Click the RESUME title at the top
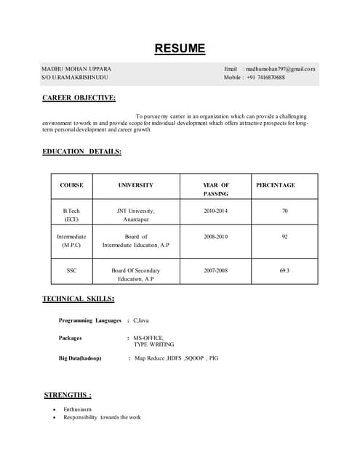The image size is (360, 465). click(180, 49)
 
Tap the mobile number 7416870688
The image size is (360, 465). click(266, 77)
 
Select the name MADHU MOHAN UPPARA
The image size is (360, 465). click(76, 69)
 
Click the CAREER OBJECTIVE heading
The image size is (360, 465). click(79, 98)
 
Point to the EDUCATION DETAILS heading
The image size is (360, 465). click(81, 152)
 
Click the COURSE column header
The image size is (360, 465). click(71, 185)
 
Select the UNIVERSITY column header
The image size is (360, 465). click(136, 185)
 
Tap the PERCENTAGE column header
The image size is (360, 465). click(276, 185)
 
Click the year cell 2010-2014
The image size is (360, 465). click(215, 211)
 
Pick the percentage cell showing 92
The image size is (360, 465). click(284, 237)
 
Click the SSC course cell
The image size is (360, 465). click(71, 270)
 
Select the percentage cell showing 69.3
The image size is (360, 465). click(284, 270)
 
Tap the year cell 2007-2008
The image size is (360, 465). click(215, 270)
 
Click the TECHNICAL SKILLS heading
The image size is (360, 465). click(78, 299)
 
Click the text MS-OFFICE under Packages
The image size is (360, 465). click(148, 338)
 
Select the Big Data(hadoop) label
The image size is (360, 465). click(80, 359)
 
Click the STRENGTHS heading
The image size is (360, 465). click(68, 395)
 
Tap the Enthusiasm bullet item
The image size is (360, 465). click(77, 410)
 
